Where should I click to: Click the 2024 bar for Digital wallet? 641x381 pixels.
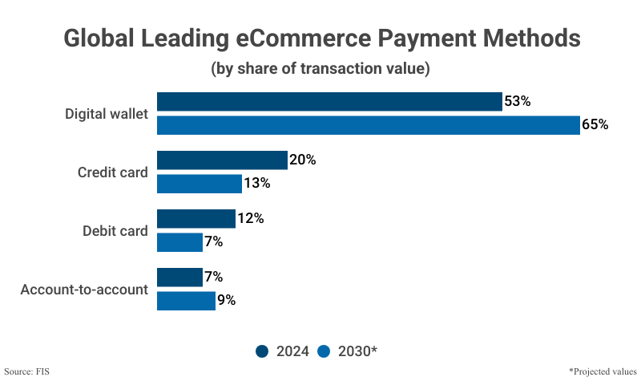tap(329, 102)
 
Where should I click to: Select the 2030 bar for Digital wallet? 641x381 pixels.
tap(368, 125)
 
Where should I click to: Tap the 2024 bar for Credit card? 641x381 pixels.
tap(222, 160)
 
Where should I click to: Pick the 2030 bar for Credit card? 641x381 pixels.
tap(199, 184)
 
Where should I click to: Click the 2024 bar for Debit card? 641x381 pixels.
tap(196, 219)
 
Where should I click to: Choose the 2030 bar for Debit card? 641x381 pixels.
tap(179, 242)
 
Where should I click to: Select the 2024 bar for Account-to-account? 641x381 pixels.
tap(179, 278)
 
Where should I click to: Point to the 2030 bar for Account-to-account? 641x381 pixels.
tap(186, 301)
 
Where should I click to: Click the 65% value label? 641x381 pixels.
tap(595, 125)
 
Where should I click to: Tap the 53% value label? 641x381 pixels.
tap(518, 102)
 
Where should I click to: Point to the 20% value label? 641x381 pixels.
tap(303, 160)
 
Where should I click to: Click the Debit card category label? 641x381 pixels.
tap(115, 231)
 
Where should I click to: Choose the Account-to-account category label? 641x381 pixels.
tap(84, 290)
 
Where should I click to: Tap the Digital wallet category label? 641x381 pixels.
tap(107, 114)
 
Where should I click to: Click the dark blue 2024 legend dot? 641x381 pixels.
tap(262, 351)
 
